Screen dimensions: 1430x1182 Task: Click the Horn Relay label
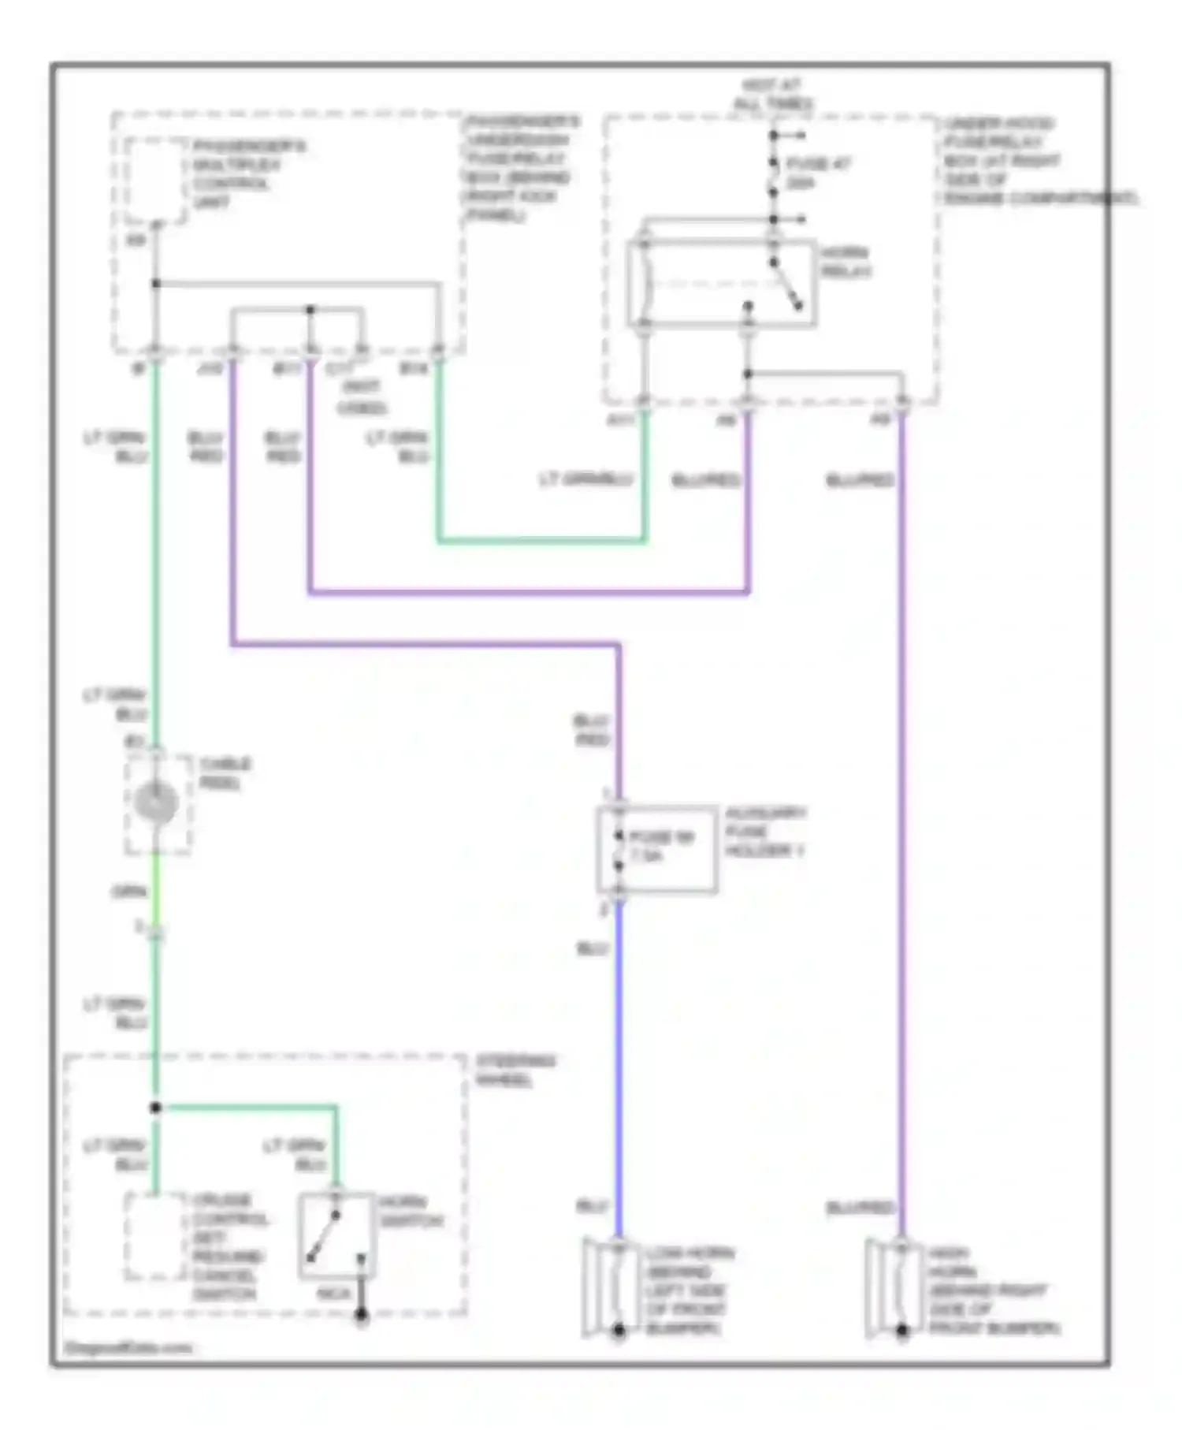point(846,262)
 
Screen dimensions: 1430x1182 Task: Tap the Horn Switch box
point(336,1235)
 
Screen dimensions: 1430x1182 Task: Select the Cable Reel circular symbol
point(156,802)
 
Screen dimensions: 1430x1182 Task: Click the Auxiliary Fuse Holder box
point(656,849)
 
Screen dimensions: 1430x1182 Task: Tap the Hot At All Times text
point(773,95)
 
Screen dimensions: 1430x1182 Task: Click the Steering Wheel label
point(515,1071)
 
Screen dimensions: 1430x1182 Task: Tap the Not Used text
point(361,397)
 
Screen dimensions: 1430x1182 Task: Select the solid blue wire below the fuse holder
point(619,1064)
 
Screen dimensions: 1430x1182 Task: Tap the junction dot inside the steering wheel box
point(156,1108)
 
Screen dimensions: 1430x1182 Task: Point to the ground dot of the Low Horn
point(619,1331)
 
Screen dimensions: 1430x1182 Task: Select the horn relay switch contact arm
point(786,285)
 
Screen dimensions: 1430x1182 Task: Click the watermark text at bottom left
point(128,1348)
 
